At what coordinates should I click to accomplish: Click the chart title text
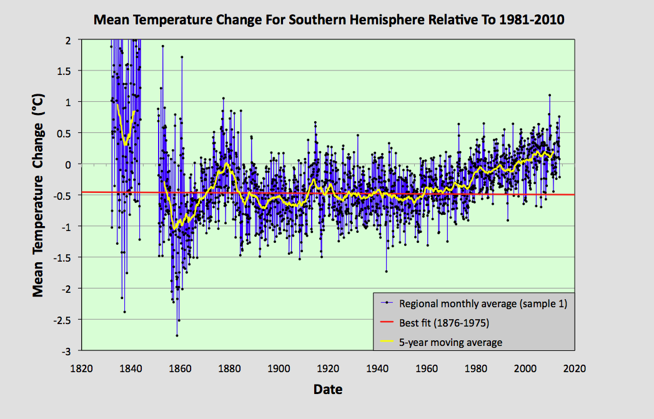(x=329, y=20)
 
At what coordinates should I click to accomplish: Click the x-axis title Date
(x=328, y=390)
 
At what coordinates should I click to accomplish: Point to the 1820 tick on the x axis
(x=81, y=368)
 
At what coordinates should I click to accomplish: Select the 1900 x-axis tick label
(x=278, y=368)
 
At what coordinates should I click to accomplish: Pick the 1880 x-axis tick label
(x=229, y=368)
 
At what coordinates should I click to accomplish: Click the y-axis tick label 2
(x=71, y=39)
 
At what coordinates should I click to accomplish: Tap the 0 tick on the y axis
(x=71, y=164)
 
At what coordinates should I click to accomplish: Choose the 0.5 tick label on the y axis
(x=66, y=133)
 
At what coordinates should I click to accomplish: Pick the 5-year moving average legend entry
(x=450, y=342)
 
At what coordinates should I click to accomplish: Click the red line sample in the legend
(x=387, y=323)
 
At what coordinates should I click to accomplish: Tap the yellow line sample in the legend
(x=387, y=342)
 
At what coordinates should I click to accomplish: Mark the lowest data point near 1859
(x=177, y=335)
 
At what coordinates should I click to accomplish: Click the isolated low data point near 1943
(x=386, y=271)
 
